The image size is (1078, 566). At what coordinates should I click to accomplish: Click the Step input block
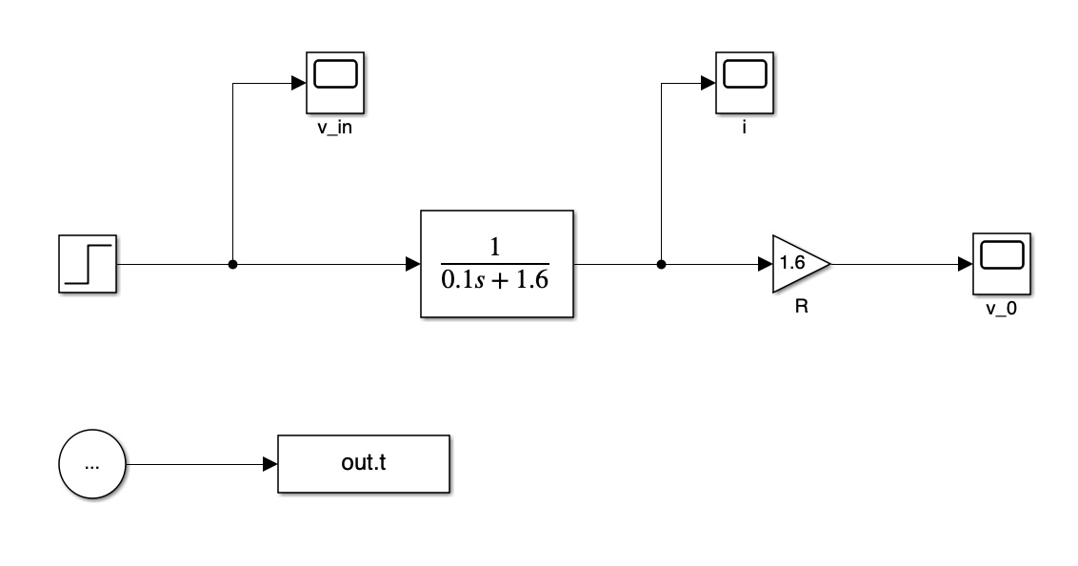(x=88, y=263)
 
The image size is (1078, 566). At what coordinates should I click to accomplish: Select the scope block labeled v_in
(x=335, y=83)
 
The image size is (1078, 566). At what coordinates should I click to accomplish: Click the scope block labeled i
(x=745, y=83)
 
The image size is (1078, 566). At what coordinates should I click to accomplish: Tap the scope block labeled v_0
(x=1002, y=264)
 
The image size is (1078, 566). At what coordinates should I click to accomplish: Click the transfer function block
(x=497, y=264)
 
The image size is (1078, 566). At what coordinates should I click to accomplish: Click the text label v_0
(x=1003, y=311)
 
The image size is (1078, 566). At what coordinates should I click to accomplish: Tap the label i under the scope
(x=745, y=128)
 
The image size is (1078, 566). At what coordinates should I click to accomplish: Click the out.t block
(x=364, y=465)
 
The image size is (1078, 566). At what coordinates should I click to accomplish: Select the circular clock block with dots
(x=92, y=465)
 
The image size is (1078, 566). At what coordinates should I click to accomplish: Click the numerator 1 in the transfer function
(x=496, y=245)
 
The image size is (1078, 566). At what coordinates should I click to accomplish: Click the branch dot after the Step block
(x=232, y=264)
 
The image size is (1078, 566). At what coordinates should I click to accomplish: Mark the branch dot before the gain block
(x=661, y=264)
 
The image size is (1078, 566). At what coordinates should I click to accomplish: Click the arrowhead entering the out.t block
(x=270, y=465)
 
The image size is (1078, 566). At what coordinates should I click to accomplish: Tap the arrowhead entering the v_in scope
(x=298, y=83)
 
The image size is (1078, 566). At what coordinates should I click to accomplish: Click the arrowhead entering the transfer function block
(x=412, y=264)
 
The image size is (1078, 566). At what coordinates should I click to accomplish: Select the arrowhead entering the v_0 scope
(x=965, y=264)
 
